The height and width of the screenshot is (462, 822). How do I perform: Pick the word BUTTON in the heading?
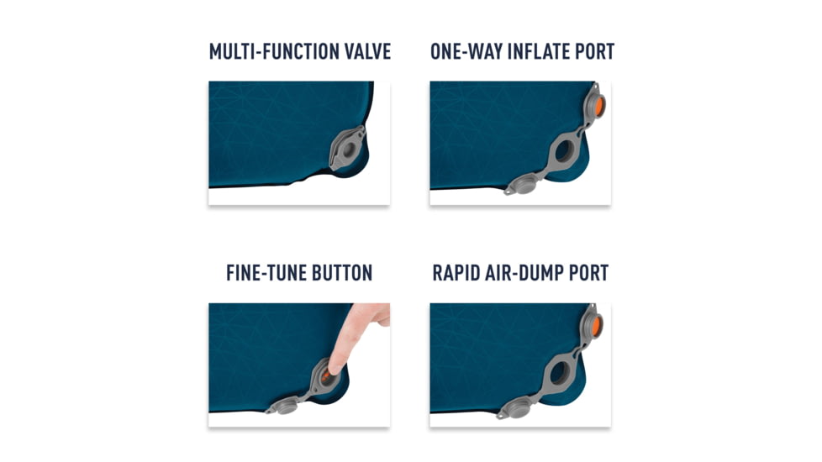[x=342, y=273]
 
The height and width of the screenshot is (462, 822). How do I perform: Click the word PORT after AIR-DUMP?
[x=583, y=273]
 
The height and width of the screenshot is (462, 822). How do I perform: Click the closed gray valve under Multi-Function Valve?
[x=347, y=149]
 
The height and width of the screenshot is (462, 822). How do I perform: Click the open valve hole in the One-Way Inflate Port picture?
[x=562, y=151]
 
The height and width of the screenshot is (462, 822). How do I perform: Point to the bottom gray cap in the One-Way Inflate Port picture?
[x=522, y=185]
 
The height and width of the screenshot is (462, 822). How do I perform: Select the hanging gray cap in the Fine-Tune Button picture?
[x=285, y=406]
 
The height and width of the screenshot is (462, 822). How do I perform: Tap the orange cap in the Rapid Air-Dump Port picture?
[x=596, y=326]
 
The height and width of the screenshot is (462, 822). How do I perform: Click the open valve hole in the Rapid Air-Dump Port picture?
[x=559, y=372]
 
